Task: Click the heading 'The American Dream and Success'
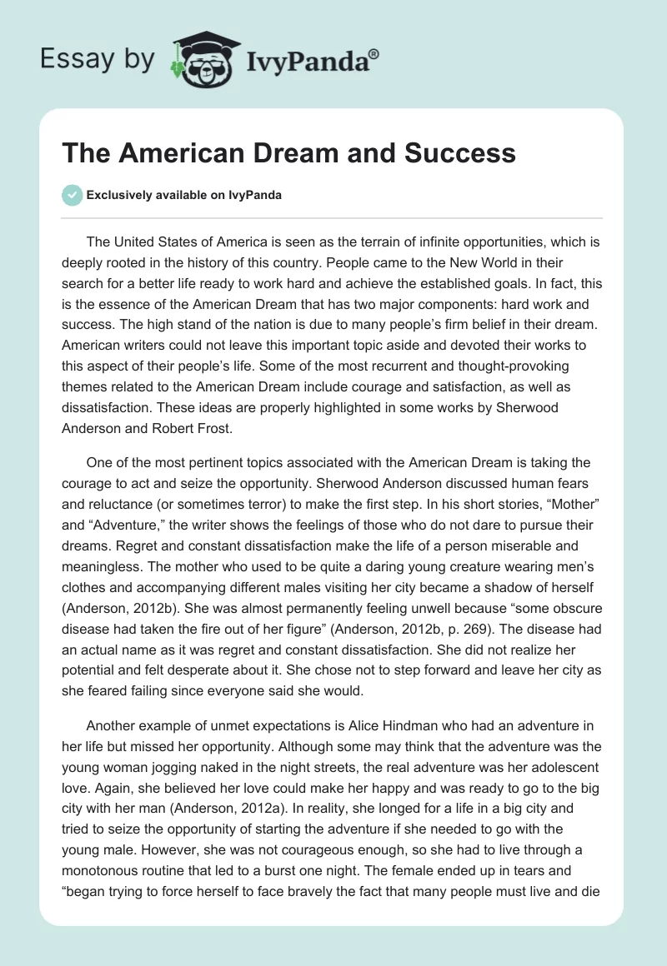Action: pos(289,153)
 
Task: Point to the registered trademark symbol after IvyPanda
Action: pos(374,53)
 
